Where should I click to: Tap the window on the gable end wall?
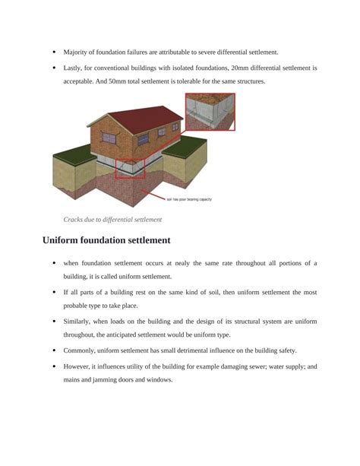(109, 138)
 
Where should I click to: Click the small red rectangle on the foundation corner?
(130, 169)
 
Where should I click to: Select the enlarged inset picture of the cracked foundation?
(210, 112)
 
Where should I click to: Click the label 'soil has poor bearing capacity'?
(189, 199)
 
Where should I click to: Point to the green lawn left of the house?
(74, 154)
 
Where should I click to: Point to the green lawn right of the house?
(185, 147)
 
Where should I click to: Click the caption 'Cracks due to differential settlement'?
(112, 220)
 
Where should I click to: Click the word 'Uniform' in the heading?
(60, 240)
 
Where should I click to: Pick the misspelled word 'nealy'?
(182, 263)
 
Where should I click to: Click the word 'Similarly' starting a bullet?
(77, 322)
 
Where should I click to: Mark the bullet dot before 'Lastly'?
(54, 68)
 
